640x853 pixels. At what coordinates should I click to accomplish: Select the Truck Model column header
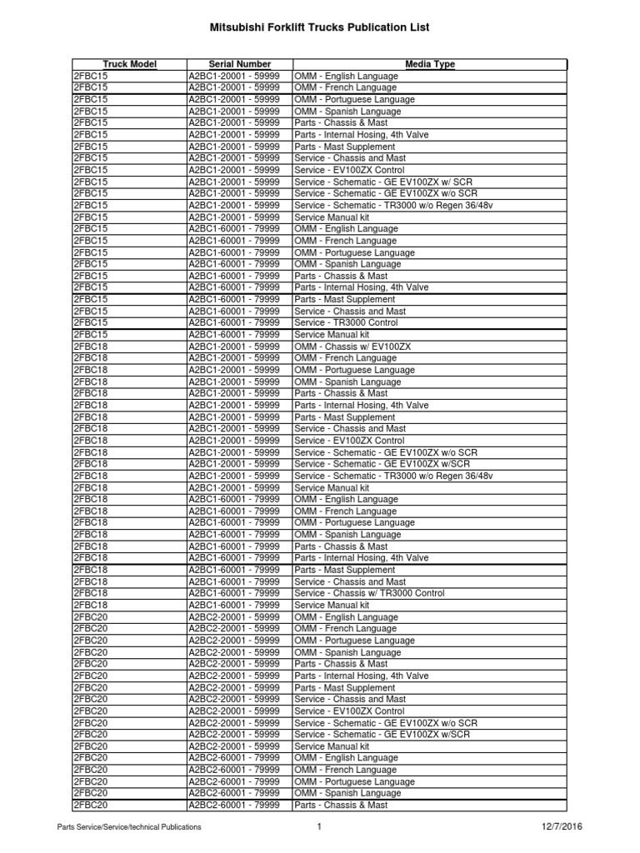tap(129, 64)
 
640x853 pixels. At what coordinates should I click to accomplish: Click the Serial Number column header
tap(240, 64)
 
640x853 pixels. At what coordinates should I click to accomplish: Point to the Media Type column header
tap(430, 64)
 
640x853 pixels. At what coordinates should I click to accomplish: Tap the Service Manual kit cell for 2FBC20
tap(332, 746)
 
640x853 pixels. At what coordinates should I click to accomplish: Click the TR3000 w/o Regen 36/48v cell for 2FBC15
tap(393, 205)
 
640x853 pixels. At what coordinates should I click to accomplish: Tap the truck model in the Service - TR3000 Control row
tap(91, 322)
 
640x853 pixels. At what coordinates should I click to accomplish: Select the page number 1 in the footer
tap(318, 826)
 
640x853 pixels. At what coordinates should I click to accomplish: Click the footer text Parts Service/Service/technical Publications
tap(128, 827)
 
